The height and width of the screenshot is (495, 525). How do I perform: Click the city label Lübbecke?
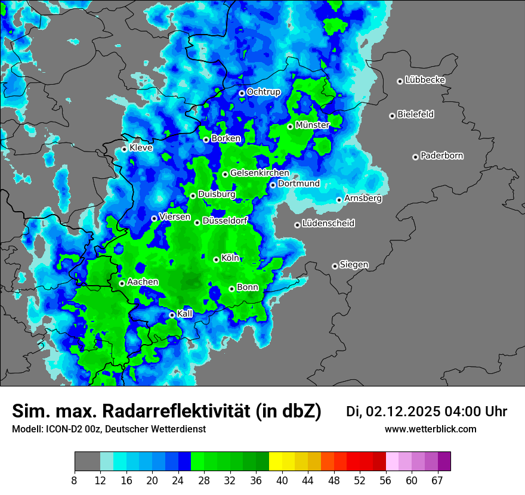pyautogui.click(x=425, y=80)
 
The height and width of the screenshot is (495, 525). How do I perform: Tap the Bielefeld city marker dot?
pyautogui.click(x=392, y=116)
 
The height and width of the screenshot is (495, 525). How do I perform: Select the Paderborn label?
pyautogui.click(x=441, y=156)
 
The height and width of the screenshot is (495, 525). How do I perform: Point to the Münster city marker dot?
pyautogui.click(x=290, y=126)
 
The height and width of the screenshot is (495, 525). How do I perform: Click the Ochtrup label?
pyautogui.click(x=263, y=92)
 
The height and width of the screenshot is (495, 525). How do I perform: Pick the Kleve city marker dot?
pyautogui.click(x=124, y=149)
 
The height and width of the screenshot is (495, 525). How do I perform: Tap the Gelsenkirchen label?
pyautogui.click(x=260, y=173)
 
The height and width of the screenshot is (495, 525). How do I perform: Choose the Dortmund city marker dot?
pyautogui.click(x=273, y=185)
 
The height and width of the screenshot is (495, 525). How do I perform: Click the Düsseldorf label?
pyautogui.click(x=224, y=221)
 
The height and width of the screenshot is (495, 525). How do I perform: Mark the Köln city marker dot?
pyautogui.click(x=216, y=259)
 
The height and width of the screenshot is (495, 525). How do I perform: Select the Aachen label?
pyautogui.click(x=143, y=281)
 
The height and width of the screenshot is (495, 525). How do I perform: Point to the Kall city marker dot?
pyautogui.click(x=172, y=315)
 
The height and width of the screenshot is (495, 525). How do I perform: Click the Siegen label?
pyautogui.click(x=354, y=264)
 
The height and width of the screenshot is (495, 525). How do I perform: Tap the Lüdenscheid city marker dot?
pyautogui.click(x=297, y=225)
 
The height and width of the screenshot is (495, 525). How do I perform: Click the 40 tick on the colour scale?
pyautogui.click(x=282, y=481)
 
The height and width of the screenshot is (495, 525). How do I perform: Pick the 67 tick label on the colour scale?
pyautogui.click(x=437, y=481)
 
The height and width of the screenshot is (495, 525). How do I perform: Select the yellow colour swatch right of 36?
pyautogui.click(x=275, y=462)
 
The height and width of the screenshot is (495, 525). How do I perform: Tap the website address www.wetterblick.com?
pyautogui.click(x=430, y=429)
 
